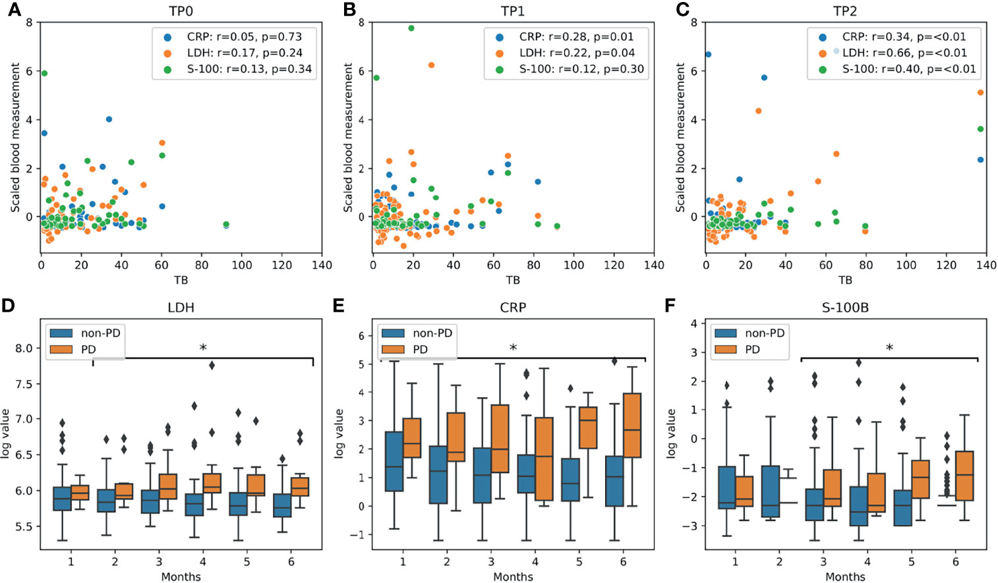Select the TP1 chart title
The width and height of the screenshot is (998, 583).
coord(513,11)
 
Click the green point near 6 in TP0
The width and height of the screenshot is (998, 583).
coord(44,73)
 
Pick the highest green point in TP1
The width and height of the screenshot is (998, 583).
coord(411,28)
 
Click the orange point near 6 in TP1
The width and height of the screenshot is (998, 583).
coord(431,65)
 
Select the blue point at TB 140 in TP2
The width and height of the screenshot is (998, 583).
coord(980,159)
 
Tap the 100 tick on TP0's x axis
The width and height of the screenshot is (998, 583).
coord(241,265)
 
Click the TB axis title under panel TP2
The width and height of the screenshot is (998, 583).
coord(845,280)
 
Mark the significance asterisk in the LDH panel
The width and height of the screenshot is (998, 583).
coord(203,348)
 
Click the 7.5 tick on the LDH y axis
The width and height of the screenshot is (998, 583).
coord(24,384)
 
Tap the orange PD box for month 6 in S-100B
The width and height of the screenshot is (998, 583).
coord(964,476)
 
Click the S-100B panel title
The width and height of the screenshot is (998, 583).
coord(845,307)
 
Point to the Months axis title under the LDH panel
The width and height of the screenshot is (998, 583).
coord(181,576)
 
